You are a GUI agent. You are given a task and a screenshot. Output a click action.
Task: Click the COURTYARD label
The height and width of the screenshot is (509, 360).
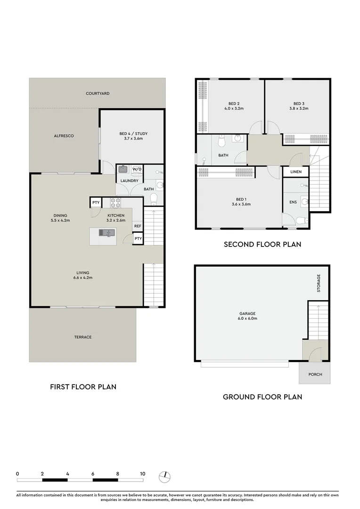pos(98,94)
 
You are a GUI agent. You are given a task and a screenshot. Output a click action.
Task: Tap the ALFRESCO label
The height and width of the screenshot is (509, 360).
pos(63,136)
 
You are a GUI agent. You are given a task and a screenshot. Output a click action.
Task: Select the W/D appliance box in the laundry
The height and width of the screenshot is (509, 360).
pos(137,169)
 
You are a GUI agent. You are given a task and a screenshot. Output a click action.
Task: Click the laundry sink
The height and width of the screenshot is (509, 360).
pos(123,169)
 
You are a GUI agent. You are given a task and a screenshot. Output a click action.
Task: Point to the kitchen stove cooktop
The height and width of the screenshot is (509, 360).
pos(115,203)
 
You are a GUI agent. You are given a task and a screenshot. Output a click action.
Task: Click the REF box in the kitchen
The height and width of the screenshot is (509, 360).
pos(138,226)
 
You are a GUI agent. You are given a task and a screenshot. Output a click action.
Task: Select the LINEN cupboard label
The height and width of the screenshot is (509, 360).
pos(295,172)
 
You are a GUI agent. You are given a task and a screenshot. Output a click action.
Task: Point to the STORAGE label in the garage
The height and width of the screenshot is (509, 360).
pos(319,283)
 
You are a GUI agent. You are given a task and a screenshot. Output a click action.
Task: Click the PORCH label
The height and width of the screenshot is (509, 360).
pos(314,375)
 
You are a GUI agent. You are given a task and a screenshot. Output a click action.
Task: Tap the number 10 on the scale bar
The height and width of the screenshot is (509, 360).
pos(142,474)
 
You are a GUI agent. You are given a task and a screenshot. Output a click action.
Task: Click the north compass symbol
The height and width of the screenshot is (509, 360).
pos(164,477)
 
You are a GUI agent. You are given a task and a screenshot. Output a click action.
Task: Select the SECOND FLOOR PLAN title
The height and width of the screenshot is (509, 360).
pos(262,244)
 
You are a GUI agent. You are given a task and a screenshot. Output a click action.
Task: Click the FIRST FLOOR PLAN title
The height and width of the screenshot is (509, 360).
pos(83,386)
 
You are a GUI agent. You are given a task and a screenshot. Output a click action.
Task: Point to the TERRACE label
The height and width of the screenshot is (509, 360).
pos(82,337)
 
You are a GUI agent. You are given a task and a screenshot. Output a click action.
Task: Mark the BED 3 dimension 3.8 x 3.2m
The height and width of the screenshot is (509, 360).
pos(299,108)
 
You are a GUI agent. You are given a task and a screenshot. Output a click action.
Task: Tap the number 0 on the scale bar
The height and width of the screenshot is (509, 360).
pos(17,474)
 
